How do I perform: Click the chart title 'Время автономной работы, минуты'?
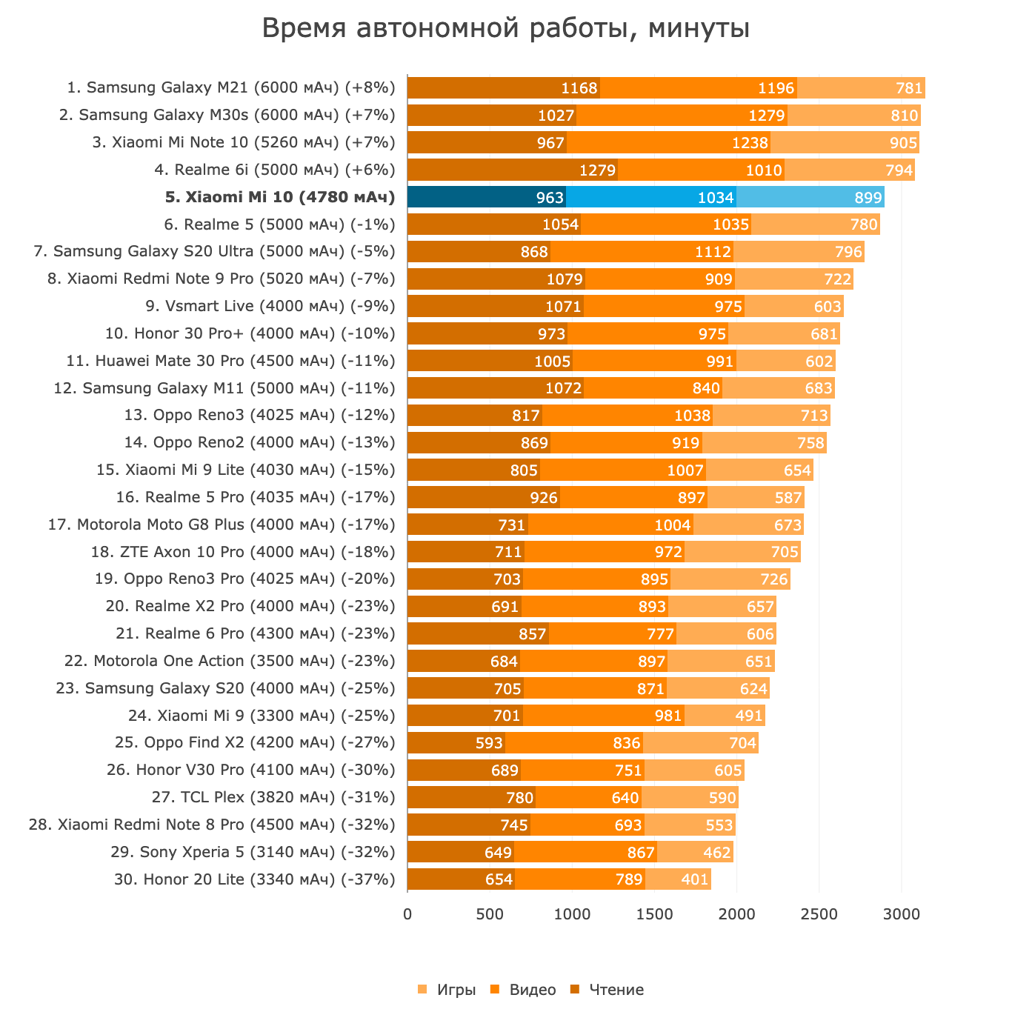click(506, 29)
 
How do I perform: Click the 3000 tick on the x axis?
click(902, 914)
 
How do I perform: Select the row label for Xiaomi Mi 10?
click(280, 197)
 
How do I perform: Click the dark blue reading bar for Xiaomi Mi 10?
click(486, 197)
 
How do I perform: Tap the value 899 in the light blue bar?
click(868, 197)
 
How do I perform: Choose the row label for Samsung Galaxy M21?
click(231, 88)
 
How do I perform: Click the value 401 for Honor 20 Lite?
click(695, 879)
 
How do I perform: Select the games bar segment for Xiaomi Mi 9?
click(725, 716)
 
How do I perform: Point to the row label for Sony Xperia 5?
click(253, 852)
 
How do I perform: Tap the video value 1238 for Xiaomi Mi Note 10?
click(750, 143)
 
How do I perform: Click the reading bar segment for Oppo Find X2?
click(456, 743)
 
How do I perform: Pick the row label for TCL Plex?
click(273, 797)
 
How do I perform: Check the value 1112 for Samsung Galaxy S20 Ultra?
click(713, 252)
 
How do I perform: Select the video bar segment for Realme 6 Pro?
click(613, 633)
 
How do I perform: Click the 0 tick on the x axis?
click(407, 914)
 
